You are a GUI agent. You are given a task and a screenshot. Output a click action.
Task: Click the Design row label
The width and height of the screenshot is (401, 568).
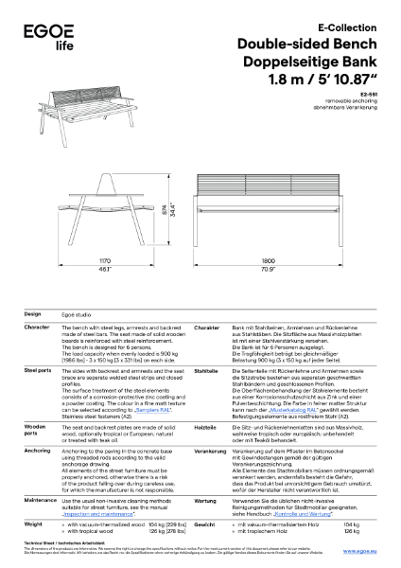point(33,313)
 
